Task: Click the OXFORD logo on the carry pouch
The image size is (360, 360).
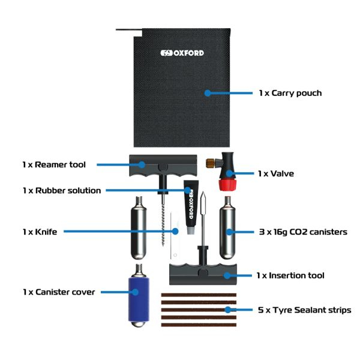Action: (x=182, y=53)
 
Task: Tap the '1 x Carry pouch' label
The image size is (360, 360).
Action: (x=290, y=93)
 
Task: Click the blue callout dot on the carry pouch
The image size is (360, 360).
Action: (x=208, y=93)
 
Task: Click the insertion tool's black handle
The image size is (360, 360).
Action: (x=200, y=275)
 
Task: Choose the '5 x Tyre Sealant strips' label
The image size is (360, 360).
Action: (x=304, y=310)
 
